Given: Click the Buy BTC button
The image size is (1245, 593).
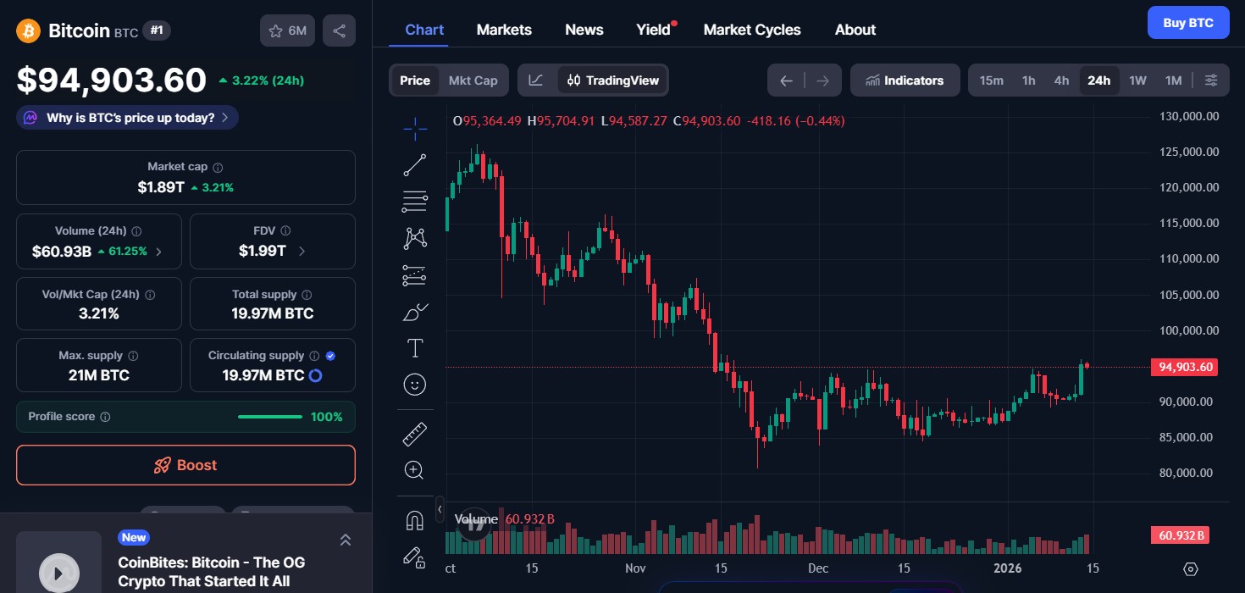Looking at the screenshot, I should click(1187, 23).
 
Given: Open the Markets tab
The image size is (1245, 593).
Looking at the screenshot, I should click(504, 30).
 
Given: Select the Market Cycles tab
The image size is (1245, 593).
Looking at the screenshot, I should click(751, 30).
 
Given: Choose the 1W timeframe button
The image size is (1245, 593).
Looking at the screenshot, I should click(1137, 80).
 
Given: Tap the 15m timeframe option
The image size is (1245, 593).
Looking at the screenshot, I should click(991, 80).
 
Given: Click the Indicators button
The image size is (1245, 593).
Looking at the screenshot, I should click(905, 80).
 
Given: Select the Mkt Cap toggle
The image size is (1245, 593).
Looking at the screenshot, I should click(473, 80).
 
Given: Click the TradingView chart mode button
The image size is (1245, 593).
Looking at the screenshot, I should click(613, 80).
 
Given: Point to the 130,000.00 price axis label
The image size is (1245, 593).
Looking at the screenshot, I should click(1188, 116).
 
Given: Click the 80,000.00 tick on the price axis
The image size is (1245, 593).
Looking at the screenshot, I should click(1188, 473).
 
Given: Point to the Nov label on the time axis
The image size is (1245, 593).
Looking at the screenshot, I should click(635, 568).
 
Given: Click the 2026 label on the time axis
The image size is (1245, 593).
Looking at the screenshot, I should click(1007, 568).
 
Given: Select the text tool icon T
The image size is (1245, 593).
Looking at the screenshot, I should click(415, 348).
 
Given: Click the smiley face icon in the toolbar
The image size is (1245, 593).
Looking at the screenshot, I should click(415, 385).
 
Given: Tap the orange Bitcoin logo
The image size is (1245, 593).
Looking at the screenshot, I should click(29, 31).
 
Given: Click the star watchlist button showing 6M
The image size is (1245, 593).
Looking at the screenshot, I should click(287, 31).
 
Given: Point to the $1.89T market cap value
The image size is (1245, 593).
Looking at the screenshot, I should click(161, 187).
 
